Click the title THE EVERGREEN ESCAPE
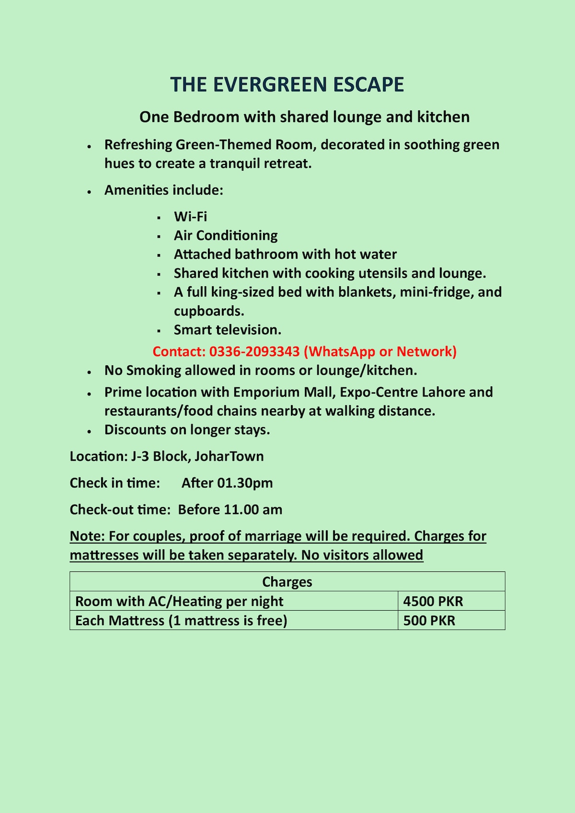coord(287,85)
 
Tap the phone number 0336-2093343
coord(254,352)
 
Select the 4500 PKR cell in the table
coord(433,601)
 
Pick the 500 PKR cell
coord(429,620)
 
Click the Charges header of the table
coord(287,581)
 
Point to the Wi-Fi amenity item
coord(190,217)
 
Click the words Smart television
coord(227,330)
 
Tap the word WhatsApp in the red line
coord(342,352)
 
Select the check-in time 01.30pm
coord(245,483)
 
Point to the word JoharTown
coord(229,456)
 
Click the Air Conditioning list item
coord(226,235)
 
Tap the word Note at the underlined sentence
coord(86,536)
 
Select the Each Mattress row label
coord(181,620)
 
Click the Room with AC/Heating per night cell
coord(179,601)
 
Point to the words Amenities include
coord(163,190)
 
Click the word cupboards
coord(208,311)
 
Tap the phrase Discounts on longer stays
coord(187,430)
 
